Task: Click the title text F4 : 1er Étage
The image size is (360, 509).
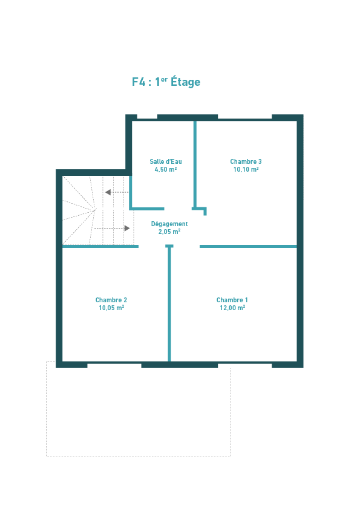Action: pyautogui.click(x=166, y=82)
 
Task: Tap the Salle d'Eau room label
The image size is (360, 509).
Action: pyautogui.click(x=166, y=161)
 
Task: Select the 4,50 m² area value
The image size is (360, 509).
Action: pyautogui.click(x=166, y=169)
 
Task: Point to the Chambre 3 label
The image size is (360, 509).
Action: pyautogui.click(x=246, y=161)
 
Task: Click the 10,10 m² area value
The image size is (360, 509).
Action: pyautogui.click(x=246, y=169)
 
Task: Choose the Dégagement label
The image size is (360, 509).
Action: pyautogui.click(x=169, y=224)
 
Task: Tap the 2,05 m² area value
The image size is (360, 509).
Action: pyautogui.click(x=169, y=232)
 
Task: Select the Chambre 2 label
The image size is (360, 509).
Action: pyautogui.click(x=111, y=300)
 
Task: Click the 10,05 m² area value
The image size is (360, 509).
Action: pyautogui.click(x=111, y=308)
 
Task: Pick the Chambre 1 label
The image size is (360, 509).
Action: pyautogui.click(x=232, y=300)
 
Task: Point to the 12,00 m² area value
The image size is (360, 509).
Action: pyautogui.click(x=232, y=308)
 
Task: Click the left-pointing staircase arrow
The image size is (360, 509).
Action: pyautogui.click(x=117, y=192)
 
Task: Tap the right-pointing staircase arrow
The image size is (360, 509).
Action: pyautogui.click(x=112, y=229)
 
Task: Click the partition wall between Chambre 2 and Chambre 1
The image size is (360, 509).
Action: pyautogui.click(x=169, y=303)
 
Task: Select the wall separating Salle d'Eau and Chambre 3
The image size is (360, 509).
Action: pyautogui.click(x=195, y=164)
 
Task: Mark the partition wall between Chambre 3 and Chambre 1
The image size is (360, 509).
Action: pyautogui.click(x=248, y=247)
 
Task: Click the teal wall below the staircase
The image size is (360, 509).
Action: pyautogui.click(x=100, y=247)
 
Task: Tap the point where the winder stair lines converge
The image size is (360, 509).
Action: pyautogui.click(x=96, y=209)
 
